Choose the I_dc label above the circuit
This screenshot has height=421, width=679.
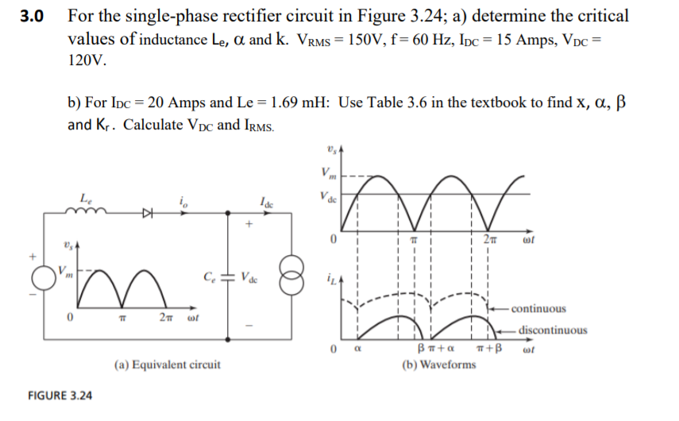[x=267, y=202]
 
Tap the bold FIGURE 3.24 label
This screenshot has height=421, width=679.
[x=60, y=395]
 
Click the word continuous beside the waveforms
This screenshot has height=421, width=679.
[x=539, y=308]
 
